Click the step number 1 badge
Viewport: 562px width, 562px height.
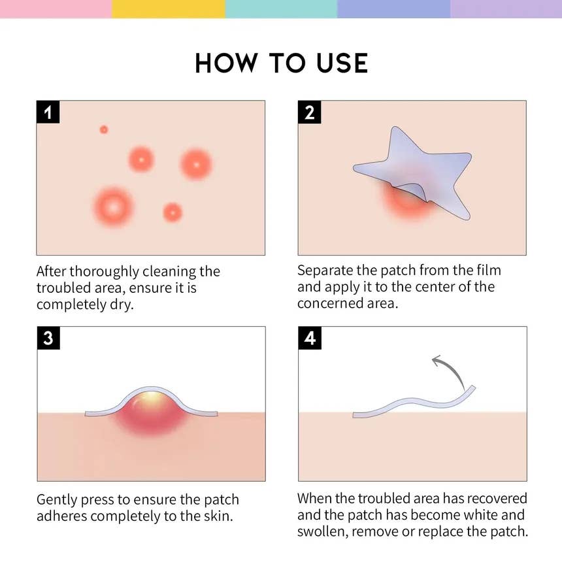coord(48,112)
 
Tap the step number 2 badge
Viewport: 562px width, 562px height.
coord(310,112)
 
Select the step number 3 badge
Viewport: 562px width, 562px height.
coord(48,339)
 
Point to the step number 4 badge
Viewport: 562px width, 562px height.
coord(310,339)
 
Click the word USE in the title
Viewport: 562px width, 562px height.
coord(337,63)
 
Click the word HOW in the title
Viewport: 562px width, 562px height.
coord(223,63)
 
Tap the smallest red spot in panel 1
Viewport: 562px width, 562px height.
coord(104,129)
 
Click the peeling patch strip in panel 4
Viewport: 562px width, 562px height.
coord(412,405)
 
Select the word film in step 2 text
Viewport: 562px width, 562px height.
coord(486,270)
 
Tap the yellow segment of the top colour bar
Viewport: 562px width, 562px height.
coord(168,8)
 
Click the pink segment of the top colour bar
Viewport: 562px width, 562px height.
coord(56,8)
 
